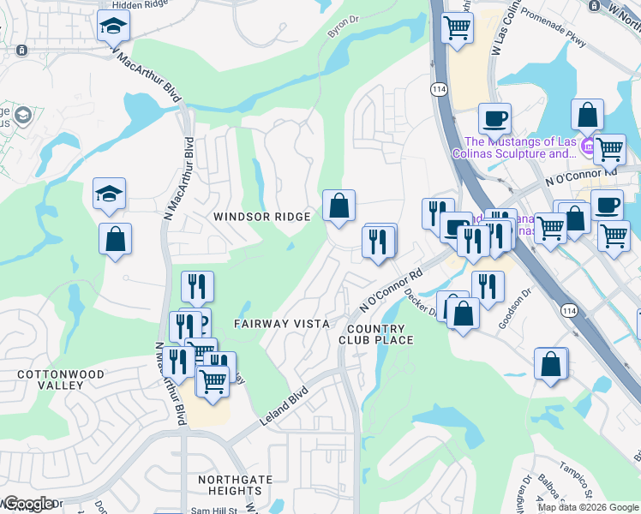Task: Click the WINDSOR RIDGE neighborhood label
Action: [262, 217]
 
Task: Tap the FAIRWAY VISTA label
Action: [282, 323]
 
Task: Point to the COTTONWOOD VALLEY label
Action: [61, 380]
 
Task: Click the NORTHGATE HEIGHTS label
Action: [229, 485]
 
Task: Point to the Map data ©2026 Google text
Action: [588, 507]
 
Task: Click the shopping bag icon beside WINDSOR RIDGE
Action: [338, 206]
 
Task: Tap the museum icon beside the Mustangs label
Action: [588, 147]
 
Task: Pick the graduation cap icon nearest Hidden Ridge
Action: [113, 27]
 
